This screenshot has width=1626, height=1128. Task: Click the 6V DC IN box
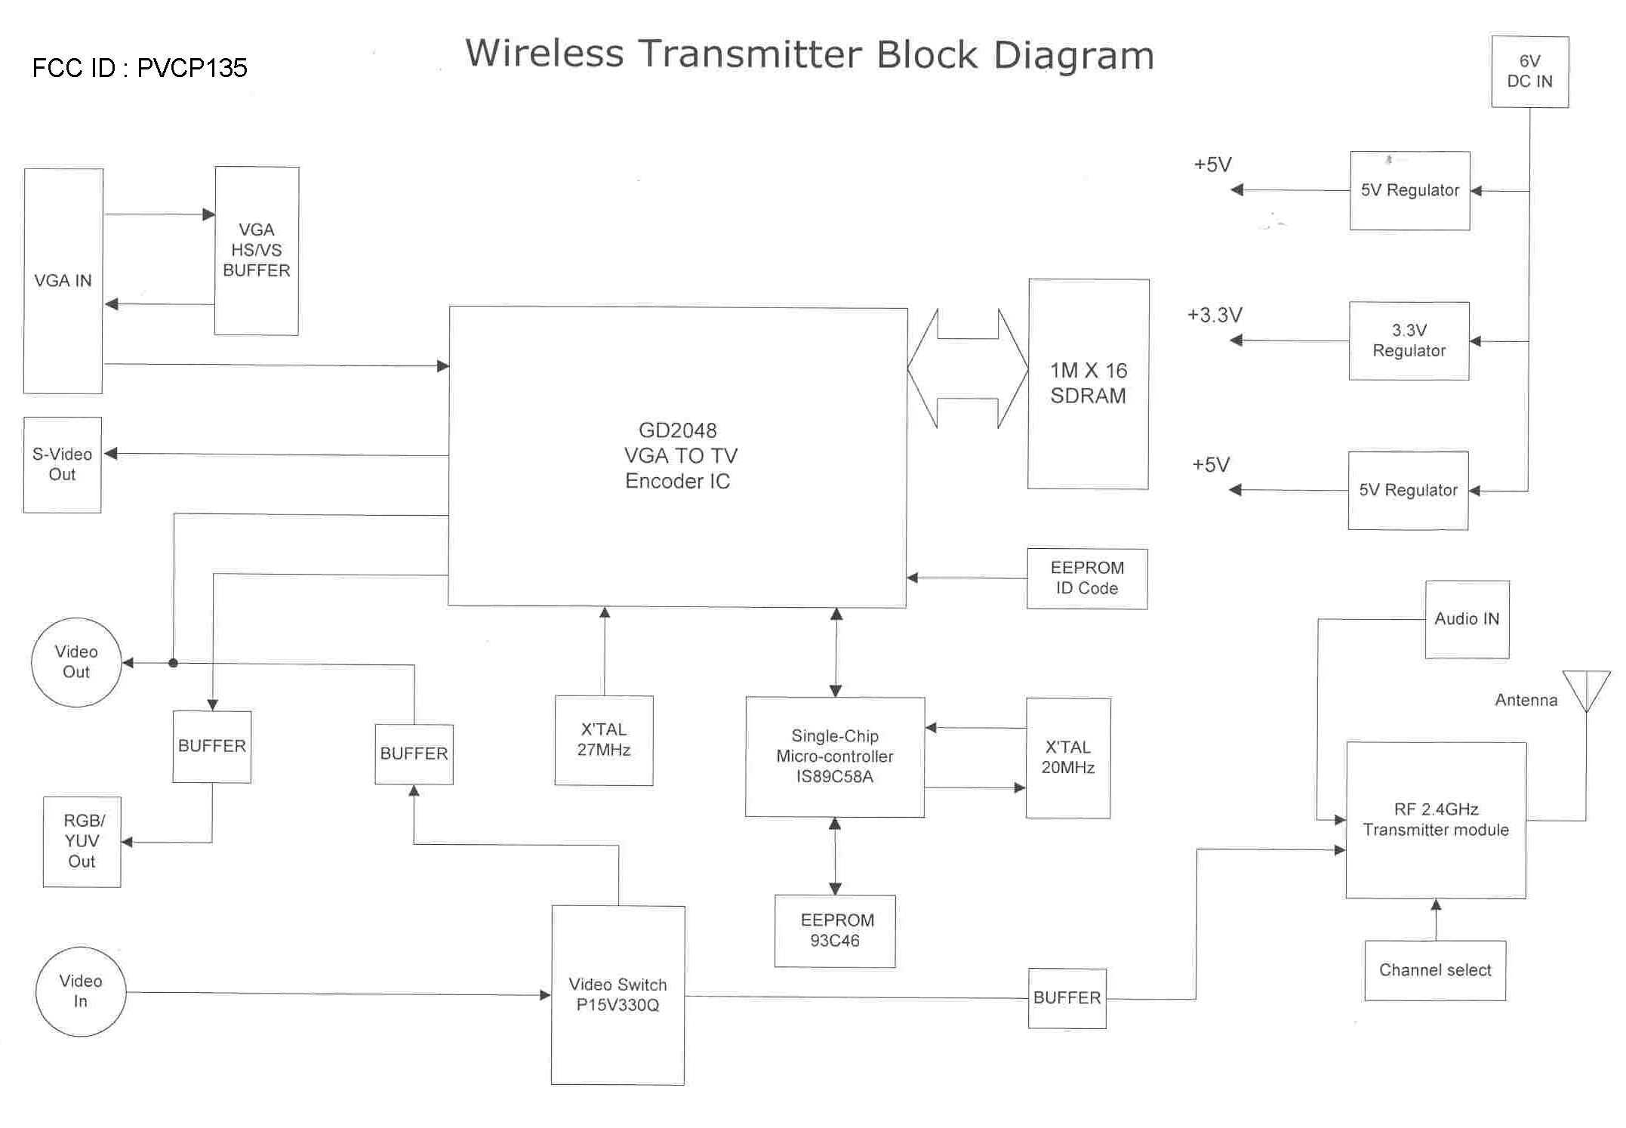point(1529,72)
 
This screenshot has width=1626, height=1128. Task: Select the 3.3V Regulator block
point(1409,341)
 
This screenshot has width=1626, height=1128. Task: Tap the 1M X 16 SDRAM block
point(1088,384)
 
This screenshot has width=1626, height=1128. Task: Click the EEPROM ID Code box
point(1087,578)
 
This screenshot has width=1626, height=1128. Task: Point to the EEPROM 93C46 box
point(835,931)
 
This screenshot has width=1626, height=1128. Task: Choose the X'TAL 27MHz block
point(604,740)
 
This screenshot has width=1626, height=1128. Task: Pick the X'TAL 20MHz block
point(1068,757)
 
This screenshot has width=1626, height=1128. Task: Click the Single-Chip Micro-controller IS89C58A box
point(835,757)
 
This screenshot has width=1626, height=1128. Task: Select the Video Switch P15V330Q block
point(617,994)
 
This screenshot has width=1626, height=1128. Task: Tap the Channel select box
point(1435,970)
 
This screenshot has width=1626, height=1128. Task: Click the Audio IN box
point(1467,619)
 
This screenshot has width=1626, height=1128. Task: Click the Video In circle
point(81,991)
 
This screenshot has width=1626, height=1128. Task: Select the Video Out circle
point(76,662)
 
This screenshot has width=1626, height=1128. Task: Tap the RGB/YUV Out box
point(82,841)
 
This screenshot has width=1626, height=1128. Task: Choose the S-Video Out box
point(62,464)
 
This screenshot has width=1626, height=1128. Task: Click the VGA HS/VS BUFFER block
point(257,251)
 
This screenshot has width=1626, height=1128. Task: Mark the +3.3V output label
point(1215,315)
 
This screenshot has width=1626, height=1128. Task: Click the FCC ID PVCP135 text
point(140,68)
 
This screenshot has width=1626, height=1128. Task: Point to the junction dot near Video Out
point(174,663)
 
